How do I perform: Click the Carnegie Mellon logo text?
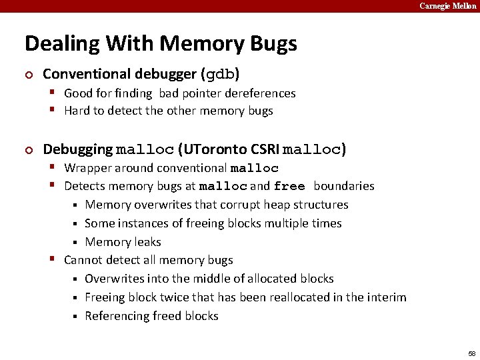(448, 6)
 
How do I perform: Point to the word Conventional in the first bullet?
(85, 73)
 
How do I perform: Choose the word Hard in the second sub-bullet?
(77, 111)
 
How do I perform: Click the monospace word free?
(289, 187)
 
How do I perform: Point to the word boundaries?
(344, 186)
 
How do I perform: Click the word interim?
(385, 297)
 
